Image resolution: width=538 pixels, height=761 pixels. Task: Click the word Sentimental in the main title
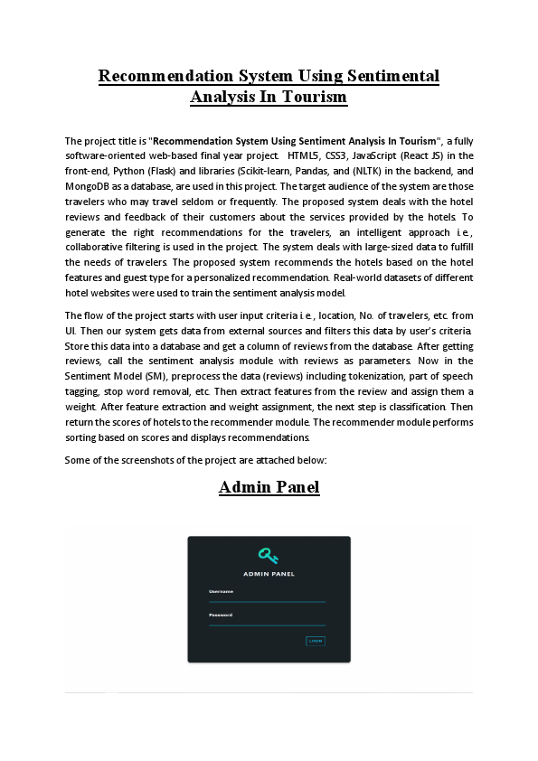(x=383, y=76)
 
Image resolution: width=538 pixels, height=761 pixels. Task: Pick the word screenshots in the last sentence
(x=138, y=460)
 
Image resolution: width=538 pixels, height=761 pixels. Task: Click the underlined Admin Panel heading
(x=269, y=488)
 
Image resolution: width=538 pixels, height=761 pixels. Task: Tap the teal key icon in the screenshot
(x=269, y=555)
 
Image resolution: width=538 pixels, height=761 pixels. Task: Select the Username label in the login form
(x=222, y=591)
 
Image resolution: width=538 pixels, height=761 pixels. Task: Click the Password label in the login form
(x=221, y=615)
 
